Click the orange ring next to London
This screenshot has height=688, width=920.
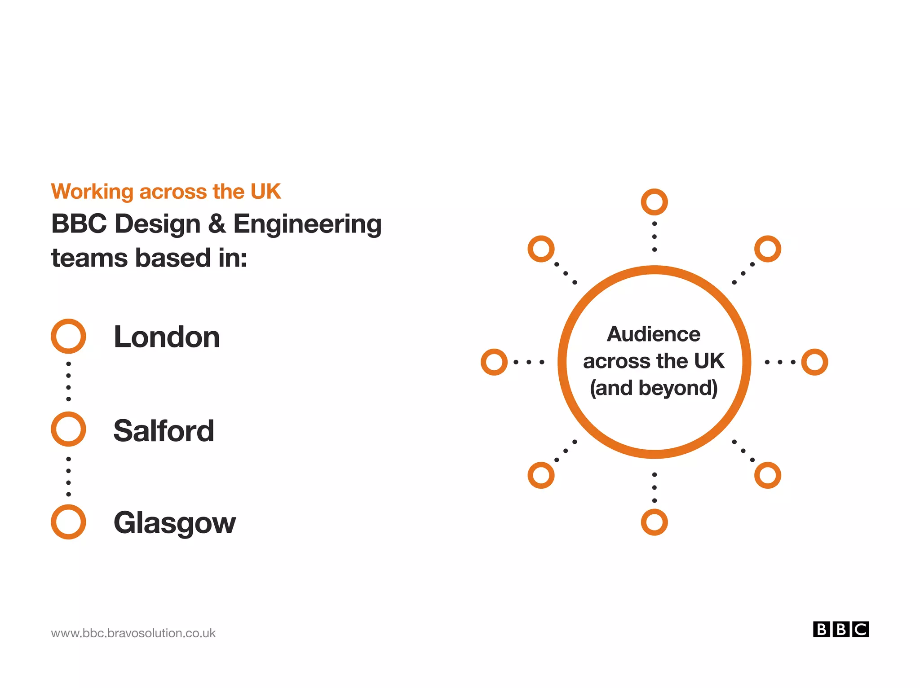coord(68,336)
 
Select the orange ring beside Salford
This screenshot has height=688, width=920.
coord(68,429)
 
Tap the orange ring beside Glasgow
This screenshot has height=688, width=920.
coord(68,522)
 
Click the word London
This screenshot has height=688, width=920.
coord(167,337)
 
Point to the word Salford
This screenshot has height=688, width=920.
coord(164,430)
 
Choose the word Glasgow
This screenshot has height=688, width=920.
coord(174,523)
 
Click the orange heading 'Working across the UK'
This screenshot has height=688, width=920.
coord(166,192)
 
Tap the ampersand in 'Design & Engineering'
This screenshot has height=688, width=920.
coord(217,223)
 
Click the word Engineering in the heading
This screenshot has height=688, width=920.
coord(307,224)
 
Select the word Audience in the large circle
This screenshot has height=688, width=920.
coord(654,334)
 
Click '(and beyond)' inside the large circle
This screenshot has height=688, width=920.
coord(654,388)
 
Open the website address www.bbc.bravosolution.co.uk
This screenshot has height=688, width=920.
coord(133,633)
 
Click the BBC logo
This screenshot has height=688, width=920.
coord(840,629)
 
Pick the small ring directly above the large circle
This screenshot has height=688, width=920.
coord(654,202)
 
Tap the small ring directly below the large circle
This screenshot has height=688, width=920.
coord(654,522)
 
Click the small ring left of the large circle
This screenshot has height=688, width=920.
coord(494,362)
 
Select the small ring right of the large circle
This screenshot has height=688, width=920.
coord(814,362)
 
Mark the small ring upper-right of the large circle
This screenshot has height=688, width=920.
coord(768,249)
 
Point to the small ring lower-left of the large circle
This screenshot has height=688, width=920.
coord(541,475)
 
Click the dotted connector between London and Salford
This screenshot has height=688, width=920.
coord(68,381)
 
